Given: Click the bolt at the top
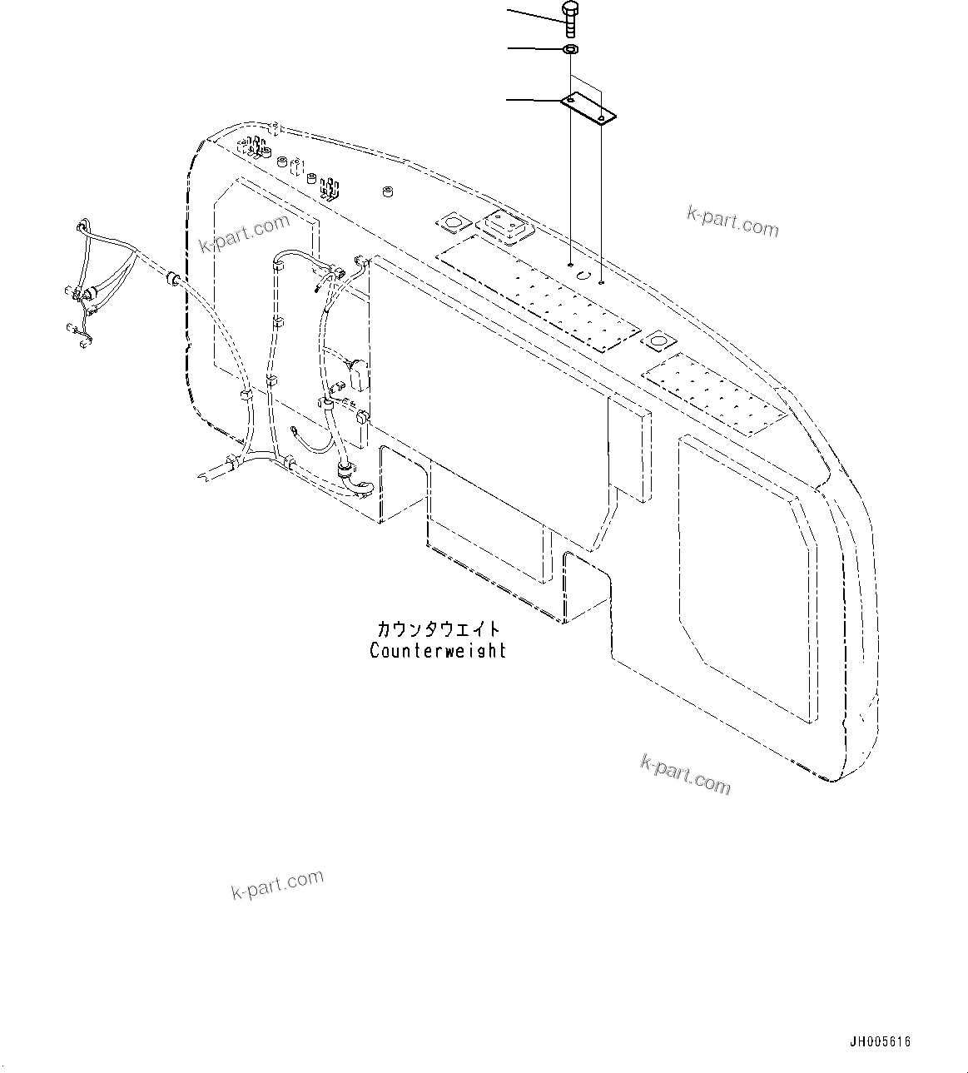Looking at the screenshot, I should point(570,18).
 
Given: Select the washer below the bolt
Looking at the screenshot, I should point(570,51).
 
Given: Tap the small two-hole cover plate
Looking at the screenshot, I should point(587,109).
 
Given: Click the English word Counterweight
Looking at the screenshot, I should point(438,651).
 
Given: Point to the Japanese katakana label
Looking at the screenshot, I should point(439,629).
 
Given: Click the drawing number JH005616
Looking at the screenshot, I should point(881,1041).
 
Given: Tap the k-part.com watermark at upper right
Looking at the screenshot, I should point(732,221).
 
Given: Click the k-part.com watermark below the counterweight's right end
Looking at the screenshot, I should point(685,773).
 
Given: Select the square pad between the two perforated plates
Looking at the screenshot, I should point(661,341).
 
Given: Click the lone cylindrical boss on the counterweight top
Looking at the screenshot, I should point(387,193).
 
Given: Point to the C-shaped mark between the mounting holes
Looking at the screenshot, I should point(584,276).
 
